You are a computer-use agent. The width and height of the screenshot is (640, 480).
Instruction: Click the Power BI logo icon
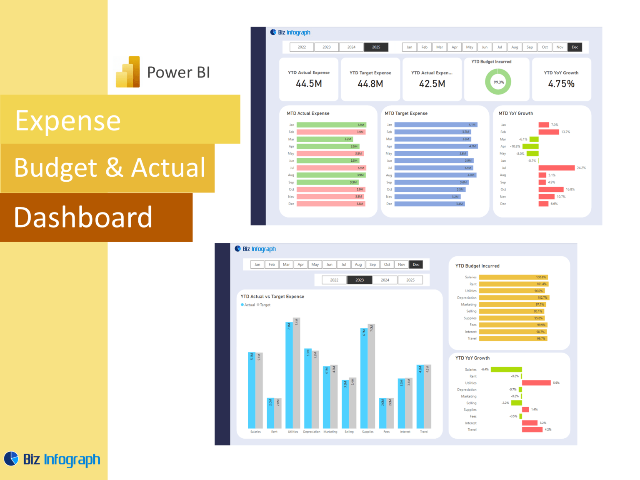(128, 72)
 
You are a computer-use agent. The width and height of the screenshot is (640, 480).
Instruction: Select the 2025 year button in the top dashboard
(376, 47)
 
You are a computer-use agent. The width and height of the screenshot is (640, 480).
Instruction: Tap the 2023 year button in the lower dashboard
(360, 280)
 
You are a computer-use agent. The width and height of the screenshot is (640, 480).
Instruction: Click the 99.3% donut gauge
(498, 82)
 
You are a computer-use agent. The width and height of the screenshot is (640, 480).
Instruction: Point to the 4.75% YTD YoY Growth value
(561, 84)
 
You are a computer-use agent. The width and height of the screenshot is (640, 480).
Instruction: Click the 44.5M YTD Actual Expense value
(309, 84)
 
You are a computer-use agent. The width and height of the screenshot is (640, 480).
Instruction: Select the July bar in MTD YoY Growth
(556, 168)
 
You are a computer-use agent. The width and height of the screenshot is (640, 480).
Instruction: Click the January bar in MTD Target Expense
(435, 125)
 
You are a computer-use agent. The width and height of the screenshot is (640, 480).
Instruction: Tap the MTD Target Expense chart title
(406, 113)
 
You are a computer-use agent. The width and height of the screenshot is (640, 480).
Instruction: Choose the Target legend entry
(265, 305)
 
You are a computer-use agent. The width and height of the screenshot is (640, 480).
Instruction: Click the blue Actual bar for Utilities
(289, 375)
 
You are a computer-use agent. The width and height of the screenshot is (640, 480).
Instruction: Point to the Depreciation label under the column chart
(312, 432)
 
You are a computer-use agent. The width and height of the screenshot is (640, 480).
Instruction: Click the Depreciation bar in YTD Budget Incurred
(514, 297)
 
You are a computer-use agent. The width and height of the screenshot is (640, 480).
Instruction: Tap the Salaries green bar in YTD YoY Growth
(506, 370)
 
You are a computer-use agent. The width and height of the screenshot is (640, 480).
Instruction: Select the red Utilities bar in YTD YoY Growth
(536, 383)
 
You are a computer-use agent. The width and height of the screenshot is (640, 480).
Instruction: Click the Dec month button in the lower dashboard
(416, 265)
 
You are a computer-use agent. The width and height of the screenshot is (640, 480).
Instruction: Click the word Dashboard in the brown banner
(83, 217)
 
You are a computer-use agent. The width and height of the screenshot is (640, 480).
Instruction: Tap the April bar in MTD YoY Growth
(530, 146)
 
